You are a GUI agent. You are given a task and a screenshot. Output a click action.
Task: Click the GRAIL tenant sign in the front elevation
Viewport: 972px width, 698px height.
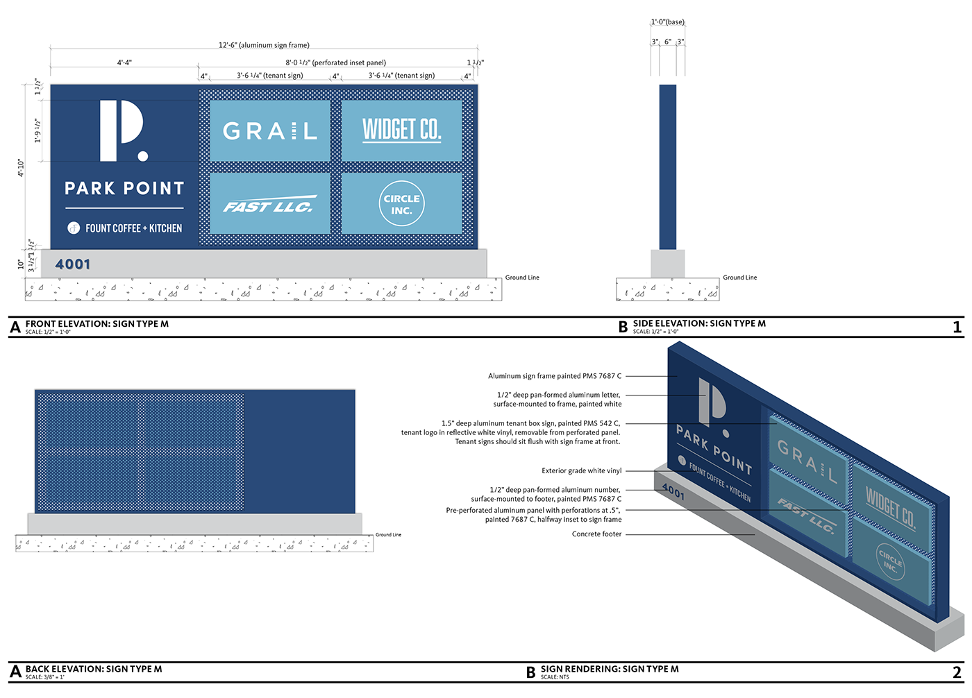(x=269, y=130)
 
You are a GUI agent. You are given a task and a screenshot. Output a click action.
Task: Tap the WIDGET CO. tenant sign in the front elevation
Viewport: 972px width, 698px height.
(x=401, y=130)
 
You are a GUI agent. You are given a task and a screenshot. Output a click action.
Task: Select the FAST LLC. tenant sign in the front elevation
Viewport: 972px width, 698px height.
(x=269, y=204)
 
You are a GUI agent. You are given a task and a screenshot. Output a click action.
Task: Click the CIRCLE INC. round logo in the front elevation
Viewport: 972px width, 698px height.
(x=401, y=204)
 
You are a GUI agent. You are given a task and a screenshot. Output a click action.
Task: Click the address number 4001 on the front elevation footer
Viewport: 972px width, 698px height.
(x=73, y=264)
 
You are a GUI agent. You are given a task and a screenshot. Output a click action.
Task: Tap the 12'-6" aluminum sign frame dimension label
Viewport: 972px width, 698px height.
(x=264, y=45)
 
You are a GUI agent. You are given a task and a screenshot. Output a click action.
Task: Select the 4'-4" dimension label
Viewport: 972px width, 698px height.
(x=124, y=62)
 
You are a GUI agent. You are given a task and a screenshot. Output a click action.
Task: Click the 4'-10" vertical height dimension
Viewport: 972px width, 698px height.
(x=21, y=168)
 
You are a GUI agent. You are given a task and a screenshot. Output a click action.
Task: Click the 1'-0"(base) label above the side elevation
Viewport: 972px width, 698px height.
(x=667, y=22)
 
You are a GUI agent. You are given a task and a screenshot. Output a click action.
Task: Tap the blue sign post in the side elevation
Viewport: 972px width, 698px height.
(x=667, y=167)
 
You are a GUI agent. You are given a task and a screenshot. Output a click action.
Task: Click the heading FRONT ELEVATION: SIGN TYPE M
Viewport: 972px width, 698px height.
(x=97, y=324)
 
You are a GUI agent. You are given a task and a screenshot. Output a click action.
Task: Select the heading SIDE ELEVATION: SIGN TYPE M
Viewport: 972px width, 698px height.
(x=699, y=323)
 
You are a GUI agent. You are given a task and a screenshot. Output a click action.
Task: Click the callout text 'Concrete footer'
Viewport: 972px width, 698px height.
(x=596, y=534)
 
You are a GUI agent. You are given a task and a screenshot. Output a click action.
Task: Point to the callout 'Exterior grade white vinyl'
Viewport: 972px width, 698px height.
(x=581, y=470)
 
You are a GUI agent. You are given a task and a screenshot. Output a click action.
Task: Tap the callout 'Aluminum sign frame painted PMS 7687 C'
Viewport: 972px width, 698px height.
(x=555, y=376)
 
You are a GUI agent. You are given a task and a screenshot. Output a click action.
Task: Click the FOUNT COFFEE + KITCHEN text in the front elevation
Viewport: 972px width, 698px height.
(x=133, y=228)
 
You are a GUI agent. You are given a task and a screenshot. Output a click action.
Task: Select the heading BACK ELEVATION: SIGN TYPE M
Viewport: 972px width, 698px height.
(x=94, y=669)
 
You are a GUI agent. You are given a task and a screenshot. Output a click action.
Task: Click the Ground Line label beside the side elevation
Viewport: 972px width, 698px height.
(x=739, y=278)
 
